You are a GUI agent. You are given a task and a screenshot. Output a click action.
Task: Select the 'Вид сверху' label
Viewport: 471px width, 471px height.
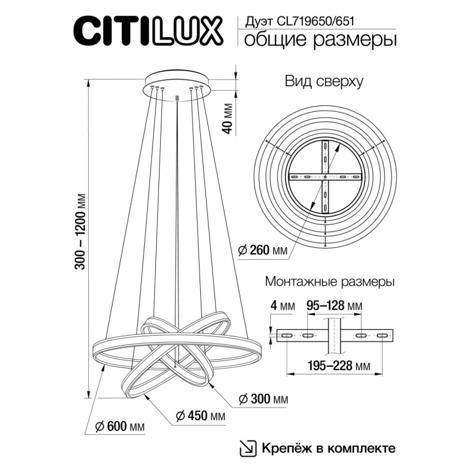pos(323,82)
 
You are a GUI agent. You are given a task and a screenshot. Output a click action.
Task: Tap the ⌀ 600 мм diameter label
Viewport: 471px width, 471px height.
pos(120,426)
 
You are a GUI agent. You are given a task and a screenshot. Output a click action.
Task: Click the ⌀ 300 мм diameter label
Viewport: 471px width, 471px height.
pos(263,400)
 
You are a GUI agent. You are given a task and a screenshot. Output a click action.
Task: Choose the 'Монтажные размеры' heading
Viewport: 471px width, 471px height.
pos(330,283)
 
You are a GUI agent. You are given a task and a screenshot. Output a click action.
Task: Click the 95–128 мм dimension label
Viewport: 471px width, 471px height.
pos(334,306)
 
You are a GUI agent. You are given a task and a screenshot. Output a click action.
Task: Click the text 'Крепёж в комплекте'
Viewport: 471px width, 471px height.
pos(327,448)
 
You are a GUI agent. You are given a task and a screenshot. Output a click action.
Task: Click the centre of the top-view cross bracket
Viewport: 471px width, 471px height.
pos(325,177)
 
